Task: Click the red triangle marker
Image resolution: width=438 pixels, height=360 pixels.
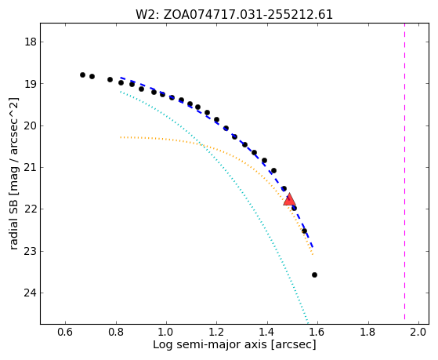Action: click(289, 199)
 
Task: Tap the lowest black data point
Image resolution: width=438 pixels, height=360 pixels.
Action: click(314, 275)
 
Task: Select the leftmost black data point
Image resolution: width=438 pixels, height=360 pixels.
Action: click(82, 75)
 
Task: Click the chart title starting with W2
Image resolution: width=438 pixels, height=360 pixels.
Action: click(234, 14)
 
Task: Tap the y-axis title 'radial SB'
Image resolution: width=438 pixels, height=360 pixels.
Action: click(13, 173)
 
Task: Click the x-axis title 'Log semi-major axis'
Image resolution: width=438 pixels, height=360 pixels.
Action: click(234, 344)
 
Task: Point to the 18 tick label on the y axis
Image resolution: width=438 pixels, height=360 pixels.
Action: click(31, 42)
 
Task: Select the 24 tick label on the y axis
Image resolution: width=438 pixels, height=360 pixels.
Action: click(31, 293)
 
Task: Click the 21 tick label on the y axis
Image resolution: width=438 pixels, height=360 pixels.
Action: click(31, 167)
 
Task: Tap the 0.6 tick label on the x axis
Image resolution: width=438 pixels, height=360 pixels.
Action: click(65, 332)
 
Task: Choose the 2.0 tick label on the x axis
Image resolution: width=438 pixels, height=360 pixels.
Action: click(418, 332)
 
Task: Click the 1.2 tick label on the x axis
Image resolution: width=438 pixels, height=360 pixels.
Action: click(216, 332)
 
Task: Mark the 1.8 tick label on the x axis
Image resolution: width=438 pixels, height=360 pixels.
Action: click(368, 332)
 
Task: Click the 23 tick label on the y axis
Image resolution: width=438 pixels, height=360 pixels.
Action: click(31, 251)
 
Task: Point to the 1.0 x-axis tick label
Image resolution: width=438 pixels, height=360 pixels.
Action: click(166, 332)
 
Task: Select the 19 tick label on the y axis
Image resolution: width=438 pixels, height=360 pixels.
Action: click(31, 84)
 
